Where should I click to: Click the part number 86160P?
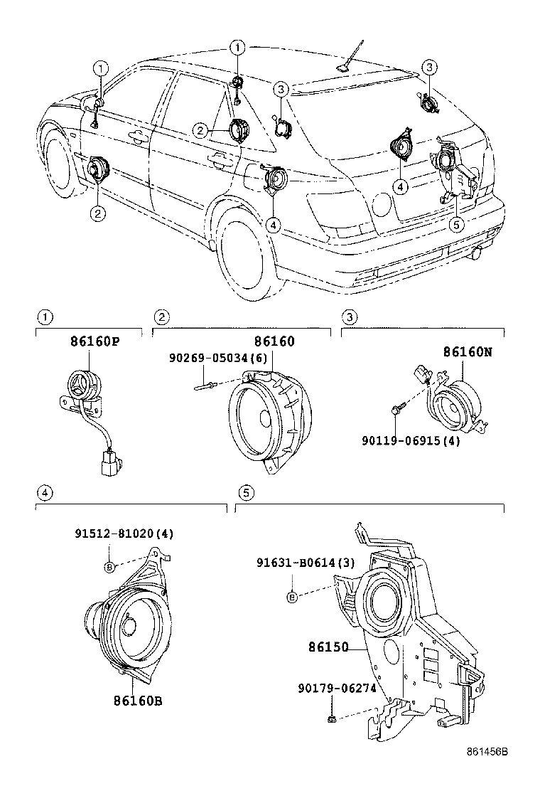coord(94,342)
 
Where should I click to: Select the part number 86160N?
coord(468,351)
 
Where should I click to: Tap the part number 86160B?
coord(138,701)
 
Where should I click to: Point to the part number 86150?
coord(328,647)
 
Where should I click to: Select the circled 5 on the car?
coord(458,223)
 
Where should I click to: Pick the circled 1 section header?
coord(44,317)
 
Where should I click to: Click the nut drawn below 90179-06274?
coord(332,721)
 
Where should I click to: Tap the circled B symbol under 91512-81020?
coord(109,566)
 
